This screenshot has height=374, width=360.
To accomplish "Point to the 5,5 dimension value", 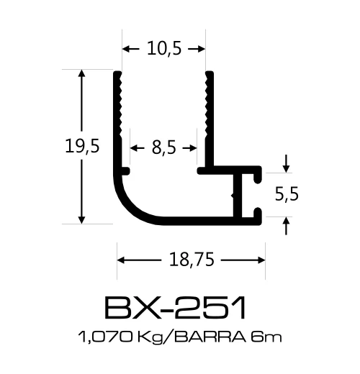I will pyautogui.click(x=287, y=194).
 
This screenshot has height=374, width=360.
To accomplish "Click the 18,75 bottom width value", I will pyautogui.click(x=192, y=260).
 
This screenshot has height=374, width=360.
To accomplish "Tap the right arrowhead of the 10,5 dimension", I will pyautogui.click(x=202, y=49).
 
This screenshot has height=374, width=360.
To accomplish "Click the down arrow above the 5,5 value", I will pyautogui.click(x=287, y=166).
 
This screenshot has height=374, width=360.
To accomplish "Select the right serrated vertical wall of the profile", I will pyautogui.click(x=209, y=119).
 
